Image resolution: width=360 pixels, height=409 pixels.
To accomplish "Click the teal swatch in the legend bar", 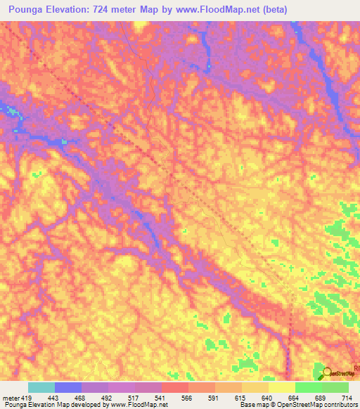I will (41, 387).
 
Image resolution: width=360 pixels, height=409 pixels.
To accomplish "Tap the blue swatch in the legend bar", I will (68, 387).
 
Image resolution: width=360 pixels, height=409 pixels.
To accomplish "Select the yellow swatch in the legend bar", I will (282, 387).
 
